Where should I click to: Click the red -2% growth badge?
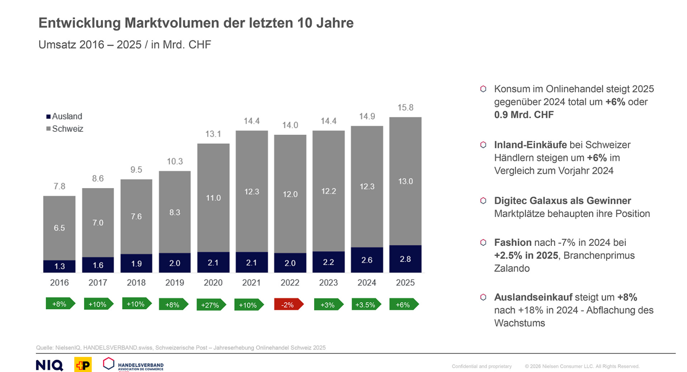(288, 304)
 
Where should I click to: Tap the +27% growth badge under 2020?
(211, 304)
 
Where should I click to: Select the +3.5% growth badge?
(366, 304)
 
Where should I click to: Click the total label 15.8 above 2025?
(405, 108)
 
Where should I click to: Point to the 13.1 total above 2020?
(213, 134)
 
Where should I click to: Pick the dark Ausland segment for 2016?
(59, 266)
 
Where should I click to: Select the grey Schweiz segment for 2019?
(175, 212)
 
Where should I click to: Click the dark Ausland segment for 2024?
(367, 260)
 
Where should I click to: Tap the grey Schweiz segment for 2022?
(290, 194)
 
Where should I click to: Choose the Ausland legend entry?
(65, 116)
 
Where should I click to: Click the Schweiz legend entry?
(65, 129)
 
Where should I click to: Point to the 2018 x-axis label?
(136, 283)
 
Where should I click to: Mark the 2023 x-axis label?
(328, 283)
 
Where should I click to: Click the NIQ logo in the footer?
(49, 365)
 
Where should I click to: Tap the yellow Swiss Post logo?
(83, 365)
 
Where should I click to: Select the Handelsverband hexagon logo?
(108, 364)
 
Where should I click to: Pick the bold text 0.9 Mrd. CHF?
(524, 115)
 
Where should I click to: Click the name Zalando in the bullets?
(512, 268)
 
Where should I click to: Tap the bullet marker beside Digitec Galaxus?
(483, 201)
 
